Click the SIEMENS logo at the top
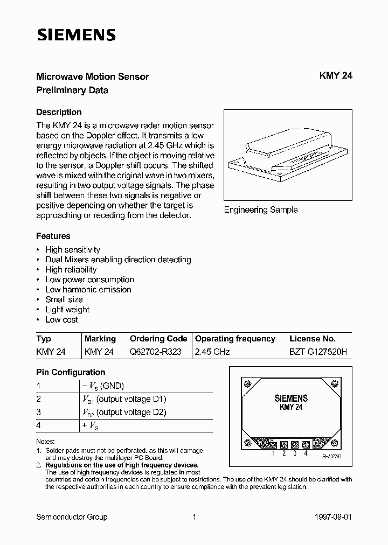pyautogui.click(x=76, y=35)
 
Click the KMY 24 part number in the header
pyautogui.click(x=336, y=76)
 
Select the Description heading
pyautogui.click(x=59, y=112)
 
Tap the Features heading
pyautogui.click(x=53, y=236)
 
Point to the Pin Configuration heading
pyautogui.click(x=71, y=372)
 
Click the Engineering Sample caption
pyautogui.click(x=261, y=210)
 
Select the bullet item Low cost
pyautogui.click(x=61, y=319)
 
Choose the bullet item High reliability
pyautogui.click(x=71, y=269)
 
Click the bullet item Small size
pyautogui.click(x=64, y=299)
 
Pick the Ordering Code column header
pyautogui.click(x=158, y=339)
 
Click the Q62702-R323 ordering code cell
pyautogui.click(x=155, y=352)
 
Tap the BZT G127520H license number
pyautogui.click(x=318, y=352)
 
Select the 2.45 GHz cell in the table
pyautogui.click(x=212, y=352)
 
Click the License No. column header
pyautogui.click(x=312, y=339)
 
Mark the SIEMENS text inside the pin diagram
pyautogui.click(x=291, y=399)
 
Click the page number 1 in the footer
pyautogui.click(x=194, y=517)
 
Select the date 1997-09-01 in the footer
pyautogui.click(x=333, y=517)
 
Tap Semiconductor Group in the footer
pyautogui.click(x=72, y=517)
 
